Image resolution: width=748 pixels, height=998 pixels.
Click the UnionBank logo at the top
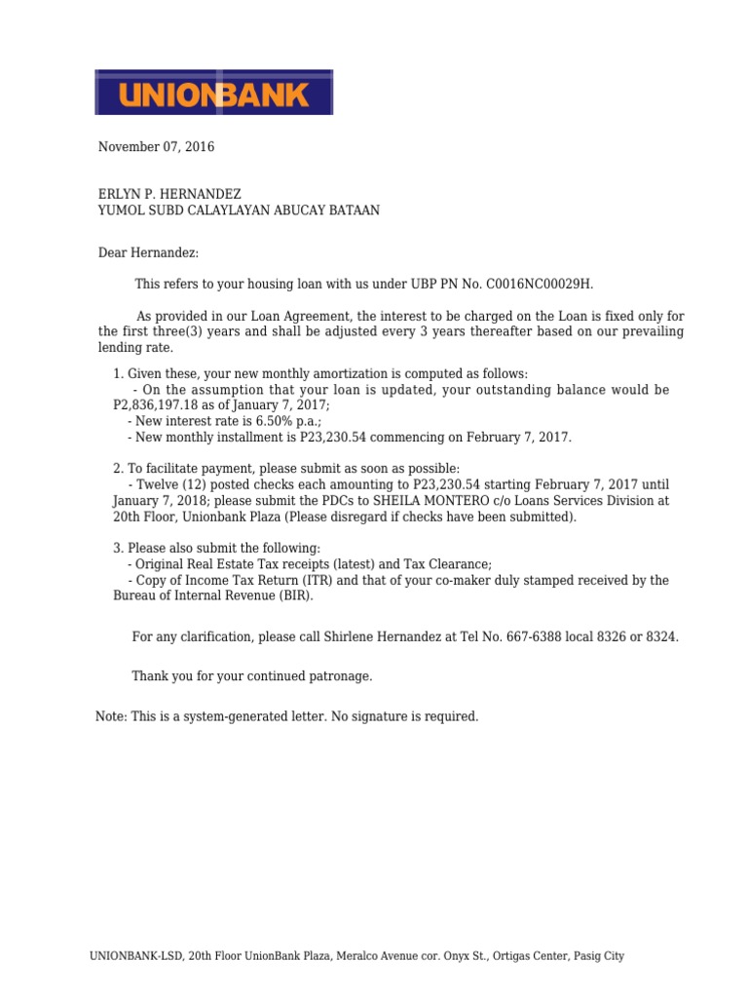[214, 93]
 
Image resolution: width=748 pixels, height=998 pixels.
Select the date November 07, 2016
[156, 147]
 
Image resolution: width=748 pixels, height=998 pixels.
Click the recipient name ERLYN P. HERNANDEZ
[169, 194]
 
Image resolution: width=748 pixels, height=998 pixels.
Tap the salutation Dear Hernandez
[148, 253]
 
